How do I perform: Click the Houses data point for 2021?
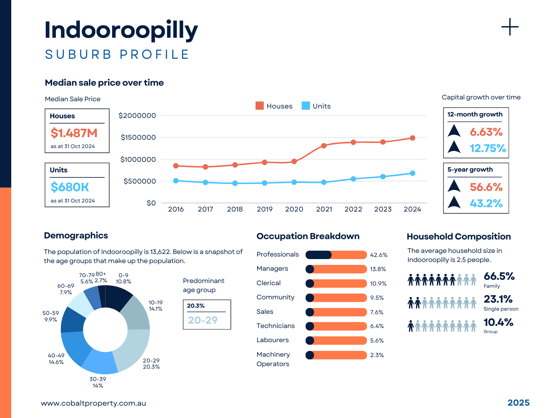[324, 146]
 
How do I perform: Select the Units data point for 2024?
[413, 173]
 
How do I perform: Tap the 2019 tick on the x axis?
[265, 209]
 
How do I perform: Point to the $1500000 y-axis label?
[138, 138]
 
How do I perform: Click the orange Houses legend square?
[260, 106]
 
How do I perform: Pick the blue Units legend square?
[306, 106]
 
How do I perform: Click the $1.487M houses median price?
[74, 133]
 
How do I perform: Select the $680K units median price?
[70, 187]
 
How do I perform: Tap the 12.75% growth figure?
[488, 148]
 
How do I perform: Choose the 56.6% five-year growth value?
[486, 187]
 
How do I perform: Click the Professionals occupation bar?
[336, 255]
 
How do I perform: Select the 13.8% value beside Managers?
[378, 269]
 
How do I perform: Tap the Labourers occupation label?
[273, 340]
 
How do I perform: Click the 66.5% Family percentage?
[499, 276]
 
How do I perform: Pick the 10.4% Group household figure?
[498, 322]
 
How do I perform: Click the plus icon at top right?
[510, 27]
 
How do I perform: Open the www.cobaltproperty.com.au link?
[94, 403]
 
